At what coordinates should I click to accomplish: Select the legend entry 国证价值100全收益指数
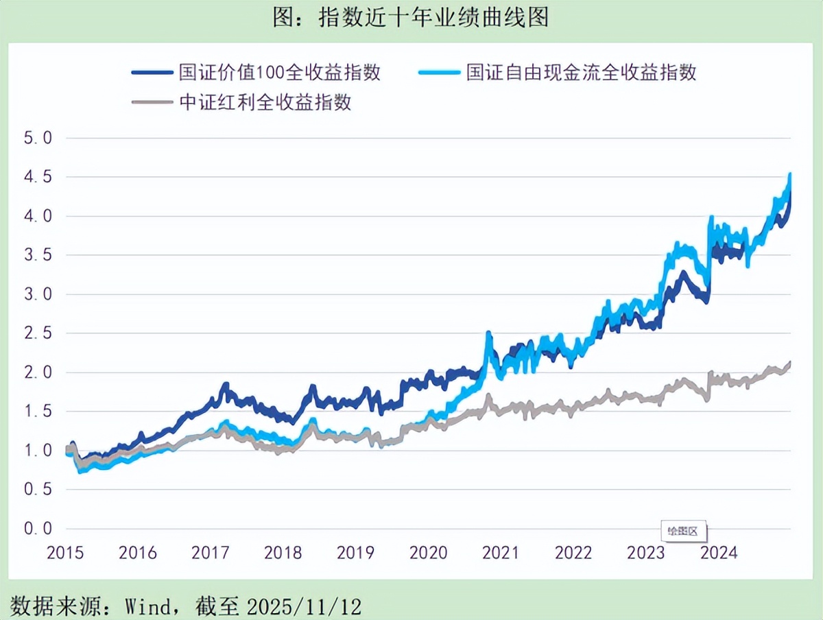(x=279, y=72)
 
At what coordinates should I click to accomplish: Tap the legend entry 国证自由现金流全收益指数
(x=581, y=72)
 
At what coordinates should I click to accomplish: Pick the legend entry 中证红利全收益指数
(x=265, y=103)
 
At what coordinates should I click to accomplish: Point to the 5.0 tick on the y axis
(x=38, y=138)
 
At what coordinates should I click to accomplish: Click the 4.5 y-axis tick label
(x=38, y=177)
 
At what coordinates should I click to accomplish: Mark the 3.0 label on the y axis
(x=38, y=294)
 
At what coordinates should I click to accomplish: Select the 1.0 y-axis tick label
(x=38, y=451)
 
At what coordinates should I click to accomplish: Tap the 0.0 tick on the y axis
(x=38, y=529)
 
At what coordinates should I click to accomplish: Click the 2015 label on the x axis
(x=65, y=553)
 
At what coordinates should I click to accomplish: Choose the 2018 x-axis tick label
(x=283, y=553)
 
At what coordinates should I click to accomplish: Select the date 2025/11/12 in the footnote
(x=304, y=606)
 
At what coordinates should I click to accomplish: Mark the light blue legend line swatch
(x=438, y=72)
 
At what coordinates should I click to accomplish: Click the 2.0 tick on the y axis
(x=38, y=372)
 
